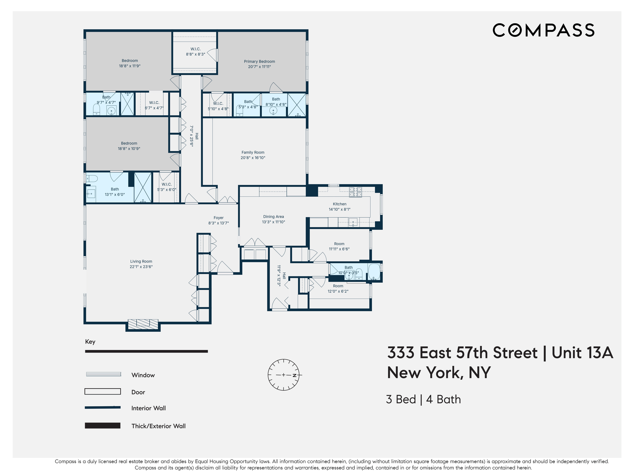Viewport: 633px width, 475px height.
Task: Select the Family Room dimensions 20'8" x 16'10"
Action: (x=253, y=158)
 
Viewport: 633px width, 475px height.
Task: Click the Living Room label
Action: (x=141, y=261)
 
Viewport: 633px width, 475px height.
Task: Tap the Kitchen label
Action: (x=339, y=204)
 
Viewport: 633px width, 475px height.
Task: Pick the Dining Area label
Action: (x=273, y=217)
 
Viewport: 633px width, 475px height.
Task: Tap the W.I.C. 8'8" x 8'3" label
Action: (x=195, y=49)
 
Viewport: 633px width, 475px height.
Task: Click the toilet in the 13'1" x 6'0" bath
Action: (x=92, y=179)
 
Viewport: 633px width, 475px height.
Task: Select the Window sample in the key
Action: (x=104, y=374)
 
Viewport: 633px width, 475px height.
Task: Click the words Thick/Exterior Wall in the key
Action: (x=158, y=426)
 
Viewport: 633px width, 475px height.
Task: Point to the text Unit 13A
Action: (x=582, y=353)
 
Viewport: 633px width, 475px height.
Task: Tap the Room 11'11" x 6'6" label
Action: (x=339, y=244)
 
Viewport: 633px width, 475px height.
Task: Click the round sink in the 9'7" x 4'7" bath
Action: (x=111, y=110)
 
